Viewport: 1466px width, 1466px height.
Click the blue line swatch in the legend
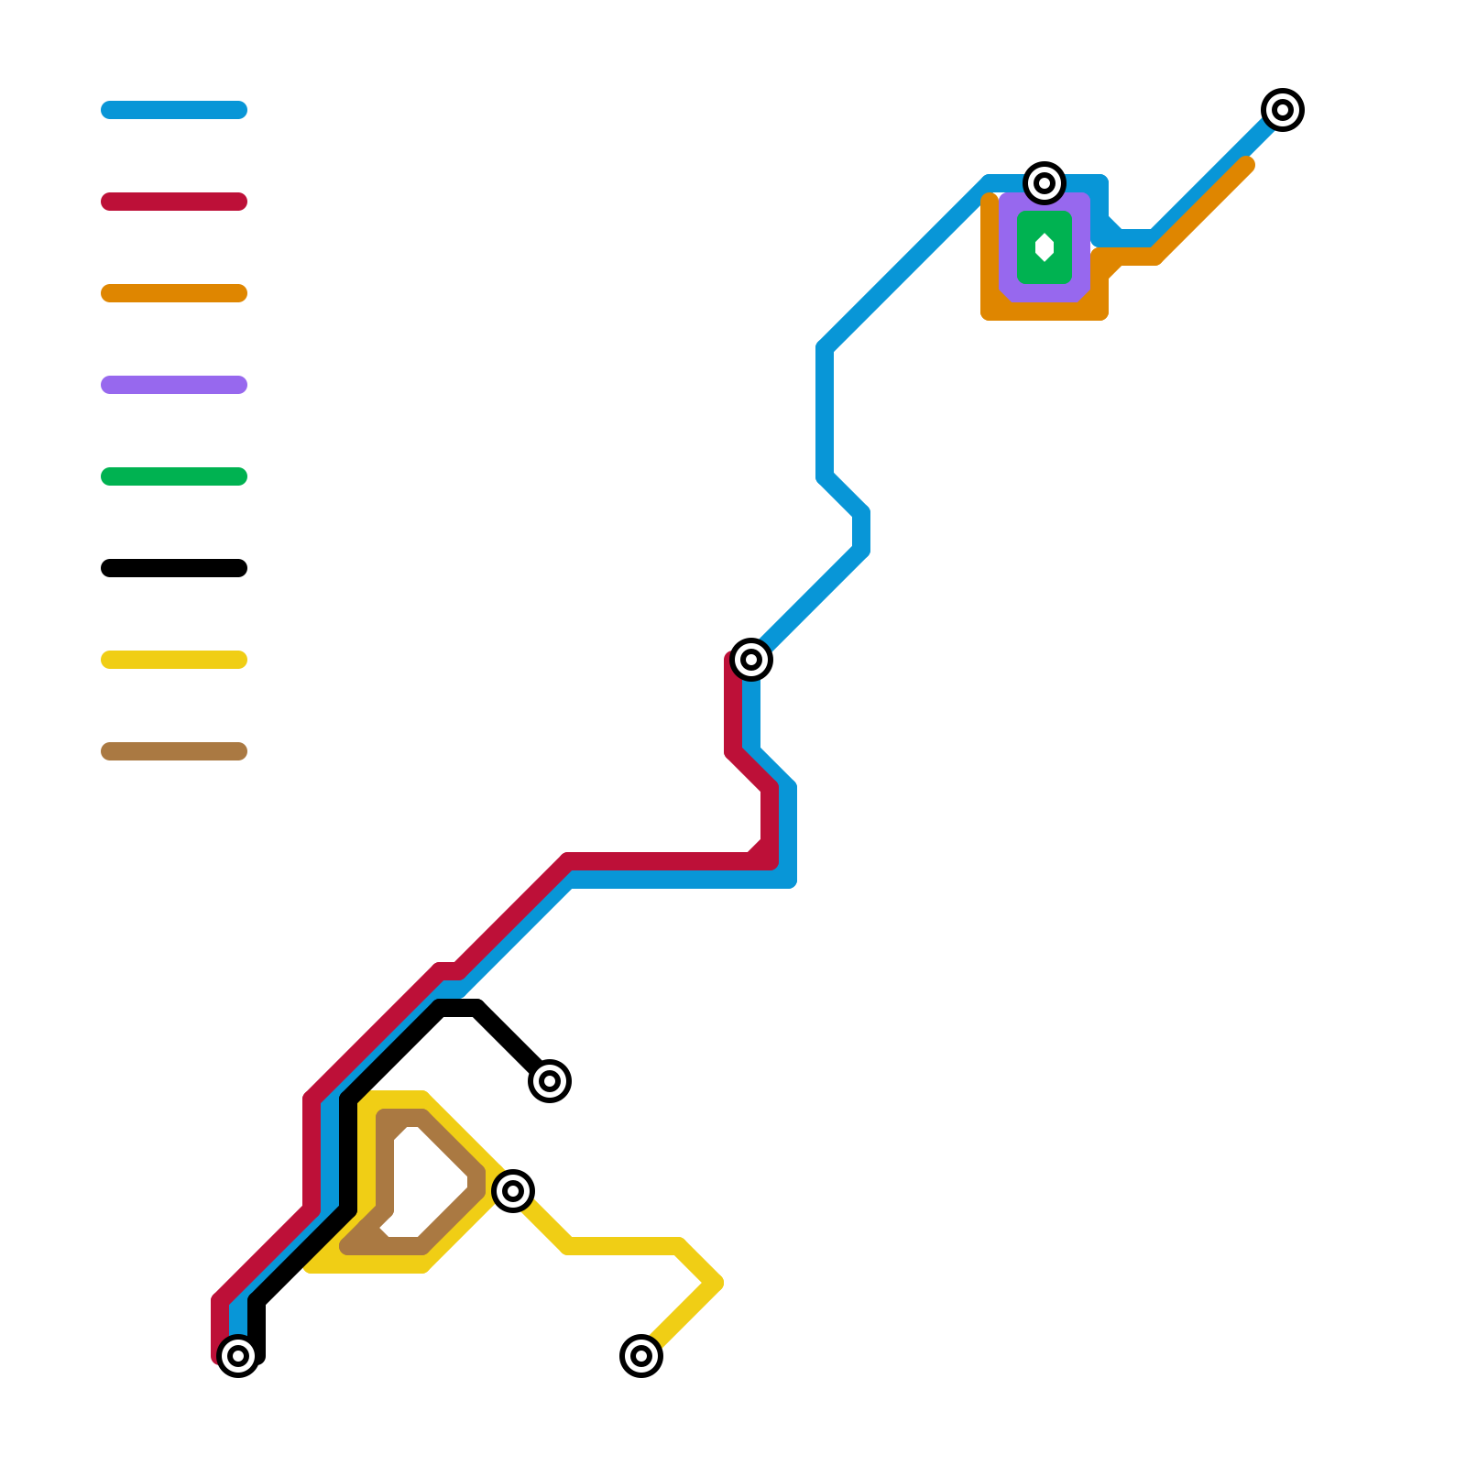[x=174, y=110]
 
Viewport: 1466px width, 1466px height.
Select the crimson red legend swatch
[x=174, y=202]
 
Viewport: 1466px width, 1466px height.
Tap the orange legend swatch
[x=174, y=293]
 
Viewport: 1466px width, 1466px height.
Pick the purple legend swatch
[x=174, y=385]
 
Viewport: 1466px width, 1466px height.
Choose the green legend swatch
[x=174, y=476]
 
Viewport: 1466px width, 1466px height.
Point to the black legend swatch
[x=174, y=568]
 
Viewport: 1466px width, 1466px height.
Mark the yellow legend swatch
[x=174, y=660]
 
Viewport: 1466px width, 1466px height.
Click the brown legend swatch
[x=174, y=751]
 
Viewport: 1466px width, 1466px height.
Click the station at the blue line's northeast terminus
[x=1283, y=110]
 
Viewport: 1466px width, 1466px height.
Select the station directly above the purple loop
[x=1045, y=183]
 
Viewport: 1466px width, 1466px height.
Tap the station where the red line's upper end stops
[x=751, y=660]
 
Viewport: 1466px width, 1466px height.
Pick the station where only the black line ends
[x=550, y=1081]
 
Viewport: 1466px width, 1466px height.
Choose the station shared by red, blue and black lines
[x=238, y=1356]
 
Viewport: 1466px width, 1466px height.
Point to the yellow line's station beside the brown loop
[x=513, y=1191]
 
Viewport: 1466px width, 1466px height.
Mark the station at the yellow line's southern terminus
[x=641, y=1356]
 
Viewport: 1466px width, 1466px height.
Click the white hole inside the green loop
[x=1045, y=247]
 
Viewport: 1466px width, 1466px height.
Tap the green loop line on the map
[x=1024, y=247]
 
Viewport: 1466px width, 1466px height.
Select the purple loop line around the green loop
[x=1006, y=247]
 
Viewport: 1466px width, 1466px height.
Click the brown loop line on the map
[x=385, y=1173]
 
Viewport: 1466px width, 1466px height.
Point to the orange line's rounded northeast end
[x=1246, y=165]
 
